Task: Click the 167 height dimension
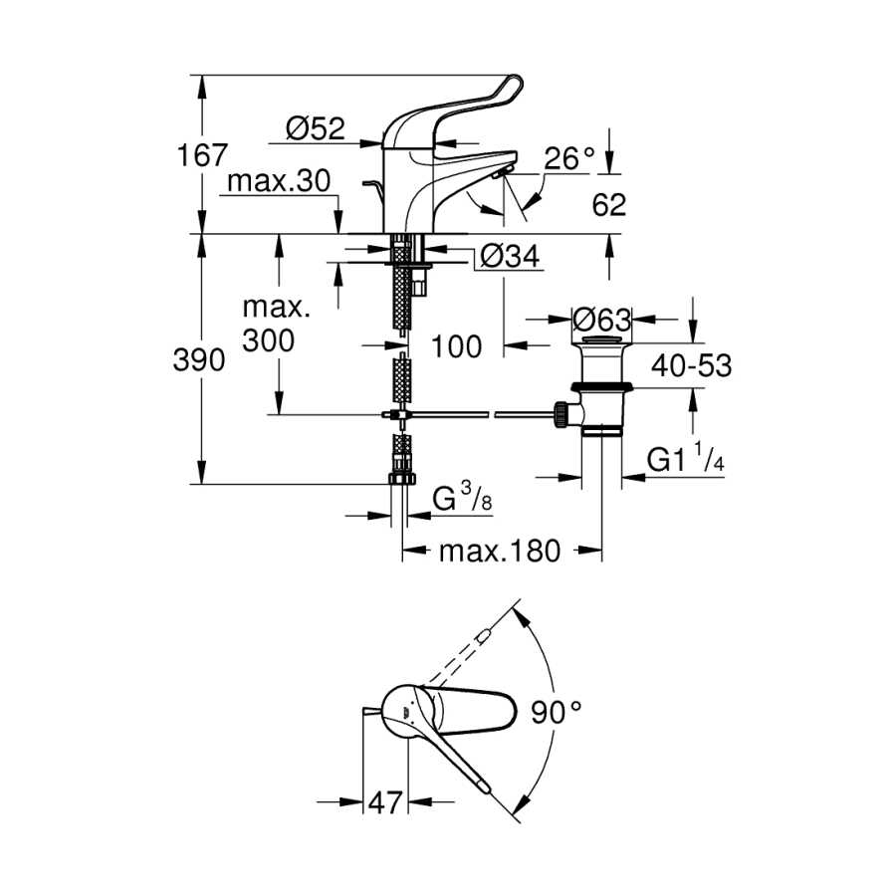[202, 155]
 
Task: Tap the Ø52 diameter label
[316, 128]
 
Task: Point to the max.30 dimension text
[279, 182]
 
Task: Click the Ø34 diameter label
[510, 256]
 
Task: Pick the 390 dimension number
[199, 360]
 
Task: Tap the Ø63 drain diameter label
[601, 320]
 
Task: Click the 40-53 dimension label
[692, 365]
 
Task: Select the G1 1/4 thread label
[686, 458]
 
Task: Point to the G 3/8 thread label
[462, 497]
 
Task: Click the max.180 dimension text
[500, 552]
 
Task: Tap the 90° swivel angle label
[556, 712]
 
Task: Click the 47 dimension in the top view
[385, 802]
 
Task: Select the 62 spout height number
[609, 204]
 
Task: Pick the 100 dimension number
[457, 346]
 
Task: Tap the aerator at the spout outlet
[504, 171]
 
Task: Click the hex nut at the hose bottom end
[402, 478]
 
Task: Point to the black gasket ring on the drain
[601, 388]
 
